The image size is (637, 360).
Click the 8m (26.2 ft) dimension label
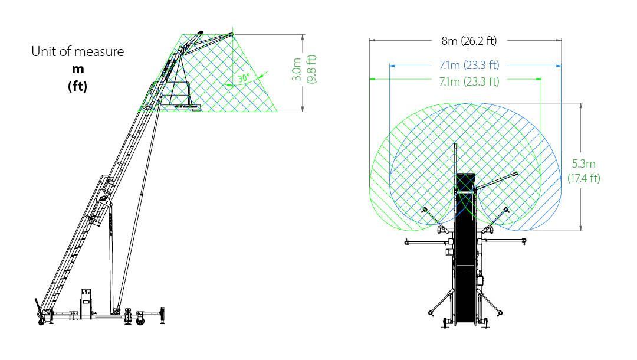coord(469,41)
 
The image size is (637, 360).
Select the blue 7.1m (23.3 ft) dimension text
coord(469,65)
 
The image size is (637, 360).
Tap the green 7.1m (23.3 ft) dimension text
coord(469,81)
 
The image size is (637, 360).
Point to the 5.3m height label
coord(584,163)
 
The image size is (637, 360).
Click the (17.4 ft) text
coord(584,178)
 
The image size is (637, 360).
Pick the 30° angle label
coord(244,78)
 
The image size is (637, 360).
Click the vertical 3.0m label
coord(297,70)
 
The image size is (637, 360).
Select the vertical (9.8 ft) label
coord(311,70)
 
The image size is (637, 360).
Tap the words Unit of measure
coord(78,51)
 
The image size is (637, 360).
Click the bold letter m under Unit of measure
coord(78,70)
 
